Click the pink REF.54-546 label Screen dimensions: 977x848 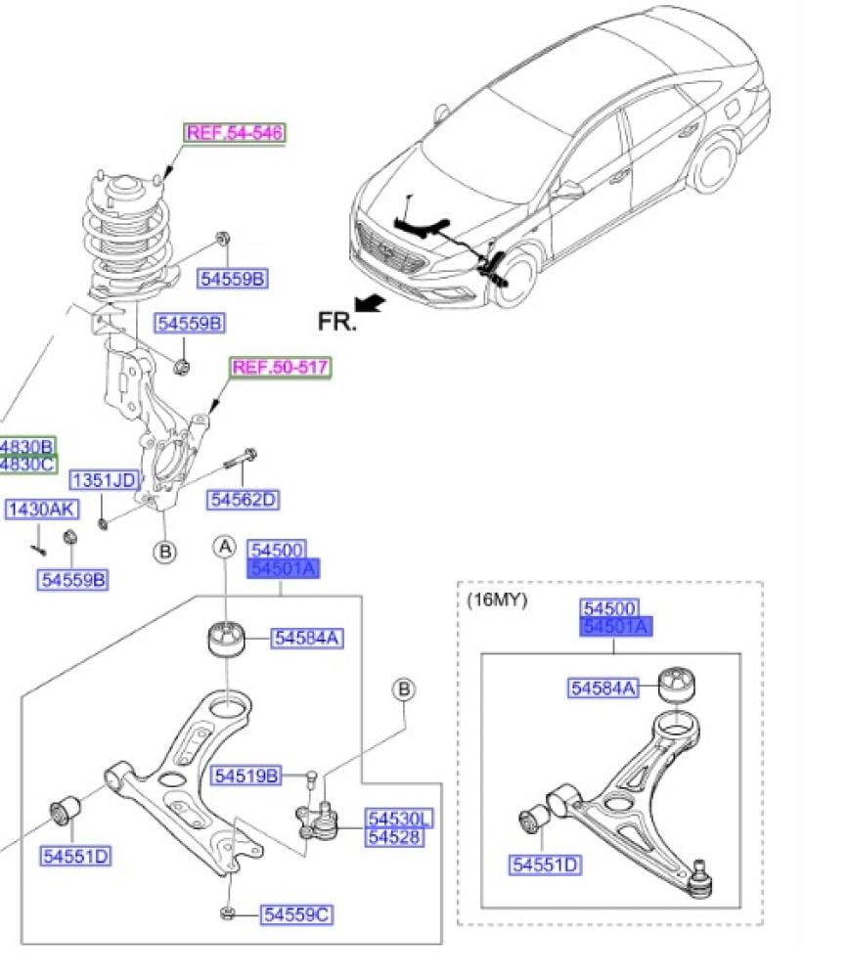coord(235,133)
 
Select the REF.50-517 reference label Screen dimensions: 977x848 coord(281,368)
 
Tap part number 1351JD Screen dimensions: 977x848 coord(103,480)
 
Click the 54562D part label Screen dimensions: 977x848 coord(243,500)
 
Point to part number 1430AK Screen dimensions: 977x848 coord(42,510)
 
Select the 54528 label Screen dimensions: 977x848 coord(394,837)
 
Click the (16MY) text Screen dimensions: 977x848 coord(497,600)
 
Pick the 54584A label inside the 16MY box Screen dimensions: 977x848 coord(603,688)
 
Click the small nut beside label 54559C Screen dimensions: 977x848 coord(225,913)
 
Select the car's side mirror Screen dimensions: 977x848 coord(564,189)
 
